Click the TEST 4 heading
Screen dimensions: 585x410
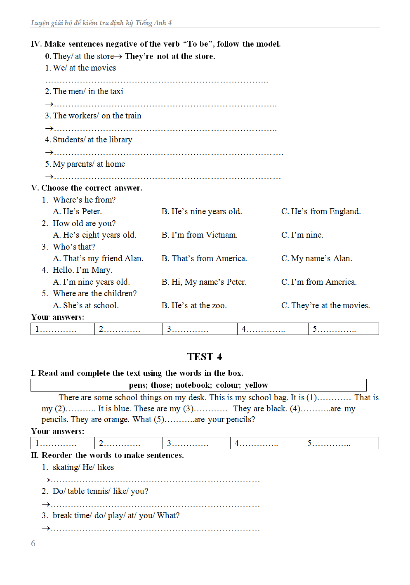tap(204, 357)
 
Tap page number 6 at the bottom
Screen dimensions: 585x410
tap(33, 543)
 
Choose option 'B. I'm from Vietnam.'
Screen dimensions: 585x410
tap(199, 235)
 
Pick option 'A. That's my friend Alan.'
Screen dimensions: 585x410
tap(98, 259)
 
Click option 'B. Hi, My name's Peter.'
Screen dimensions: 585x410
tap(204, 282)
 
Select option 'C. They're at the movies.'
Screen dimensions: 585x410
tap(325, 306)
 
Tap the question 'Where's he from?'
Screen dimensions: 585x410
tap(84, 200)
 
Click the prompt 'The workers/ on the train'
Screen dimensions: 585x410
tap(97, 116)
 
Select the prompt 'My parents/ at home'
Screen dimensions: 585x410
tap(89, 164)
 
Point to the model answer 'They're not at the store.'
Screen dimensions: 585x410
tap(170, 57)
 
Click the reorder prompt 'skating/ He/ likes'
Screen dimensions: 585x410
tap(83, 467)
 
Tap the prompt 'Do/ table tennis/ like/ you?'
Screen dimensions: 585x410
tap(100, 491)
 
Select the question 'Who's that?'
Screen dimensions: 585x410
tap(74, 247)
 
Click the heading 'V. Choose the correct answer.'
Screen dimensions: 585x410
tap(87, 188)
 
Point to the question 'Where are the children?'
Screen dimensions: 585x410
tap(94, 294)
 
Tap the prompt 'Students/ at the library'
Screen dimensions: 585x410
tap(92, 140)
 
